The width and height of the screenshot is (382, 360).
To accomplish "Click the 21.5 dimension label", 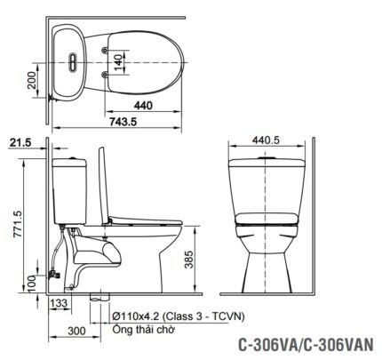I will coord(19,141).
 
